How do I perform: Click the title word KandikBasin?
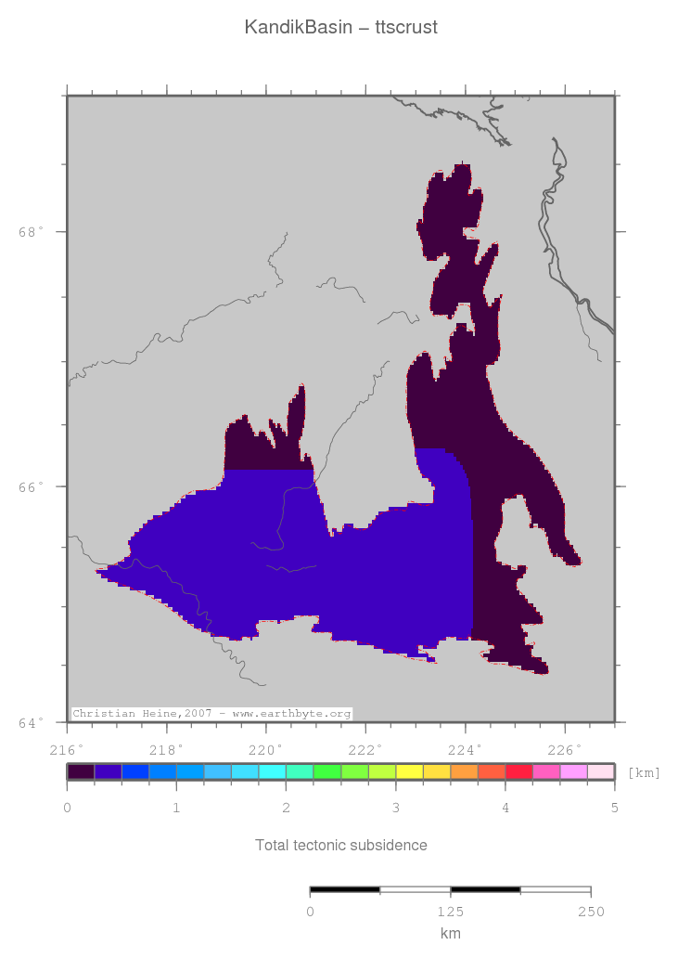[x=298, y=28]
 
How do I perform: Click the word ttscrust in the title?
[x=406, y=28]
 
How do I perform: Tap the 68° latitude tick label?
[x=32, y=232]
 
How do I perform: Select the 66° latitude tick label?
[x=32, y=486]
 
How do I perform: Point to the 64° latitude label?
[x=32, y=722]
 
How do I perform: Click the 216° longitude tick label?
[x=67, y=748]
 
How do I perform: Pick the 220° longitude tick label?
[x=266, y=748]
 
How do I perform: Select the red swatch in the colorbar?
[x=518, y=771]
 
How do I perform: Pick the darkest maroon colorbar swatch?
[x=81, y=771]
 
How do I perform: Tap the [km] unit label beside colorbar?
[x=644, y=772]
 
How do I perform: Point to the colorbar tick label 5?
[x=614, y=808]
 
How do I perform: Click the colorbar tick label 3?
[x=395, y=808]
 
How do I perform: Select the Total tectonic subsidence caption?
[x=341, y=845]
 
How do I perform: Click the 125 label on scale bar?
[x=450, y=911]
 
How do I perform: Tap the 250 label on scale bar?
[x=590, y=911]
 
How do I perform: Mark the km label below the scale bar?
[x=450, y=933]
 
